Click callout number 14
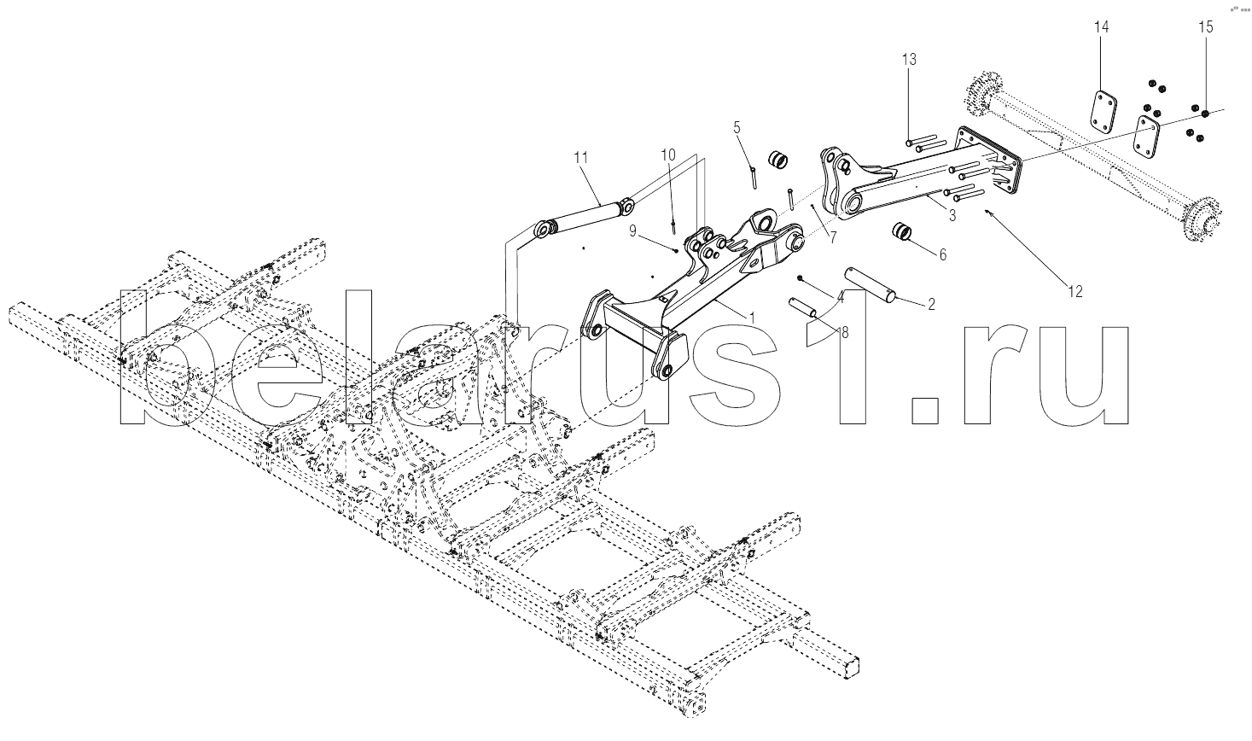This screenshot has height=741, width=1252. coord(1101,26)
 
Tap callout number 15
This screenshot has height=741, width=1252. coord(1206,26)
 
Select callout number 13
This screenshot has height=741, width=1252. coord(910,59)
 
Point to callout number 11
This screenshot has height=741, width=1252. coord(581,158)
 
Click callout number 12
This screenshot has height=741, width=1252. coord(1074,291)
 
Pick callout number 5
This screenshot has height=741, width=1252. coord(737,127)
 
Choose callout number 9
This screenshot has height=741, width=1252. coord(632,230)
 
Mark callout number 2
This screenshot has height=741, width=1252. coord(931,304)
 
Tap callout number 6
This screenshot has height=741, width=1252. coord(943,255)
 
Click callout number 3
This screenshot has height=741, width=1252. coord(952,215)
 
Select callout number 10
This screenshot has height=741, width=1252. coord(668,155)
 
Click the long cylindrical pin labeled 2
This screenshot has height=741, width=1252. coord(871,283)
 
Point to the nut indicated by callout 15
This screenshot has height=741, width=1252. coord(1205,114)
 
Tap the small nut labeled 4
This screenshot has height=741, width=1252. coord(801,278)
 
